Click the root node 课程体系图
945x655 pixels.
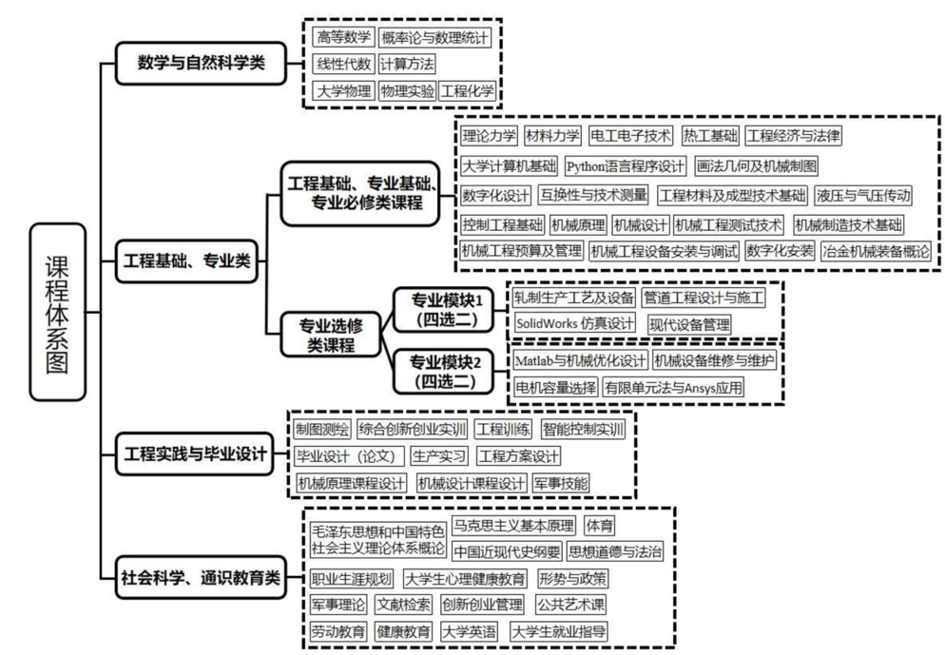point(59,311)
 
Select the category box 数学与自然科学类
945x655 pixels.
point(200,65)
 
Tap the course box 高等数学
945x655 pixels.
point(343,38)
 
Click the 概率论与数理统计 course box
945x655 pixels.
point(434,38)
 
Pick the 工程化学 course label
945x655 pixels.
point(468,91)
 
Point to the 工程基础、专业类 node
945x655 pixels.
point(186,261)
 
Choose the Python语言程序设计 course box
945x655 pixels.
point(626,165)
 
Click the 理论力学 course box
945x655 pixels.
point(489,136)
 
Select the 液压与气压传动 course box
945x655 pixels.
point(864,196)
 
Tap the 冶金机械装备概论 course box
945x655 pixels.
point(875,252)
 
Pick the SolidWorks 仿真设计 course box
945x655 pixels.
point(575,324)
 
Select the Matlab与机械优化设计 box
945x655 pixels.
point(580,361)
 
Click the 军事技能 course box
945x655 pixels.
point(561,483)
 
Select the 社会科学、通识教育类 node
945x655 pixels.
point(202,577)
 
